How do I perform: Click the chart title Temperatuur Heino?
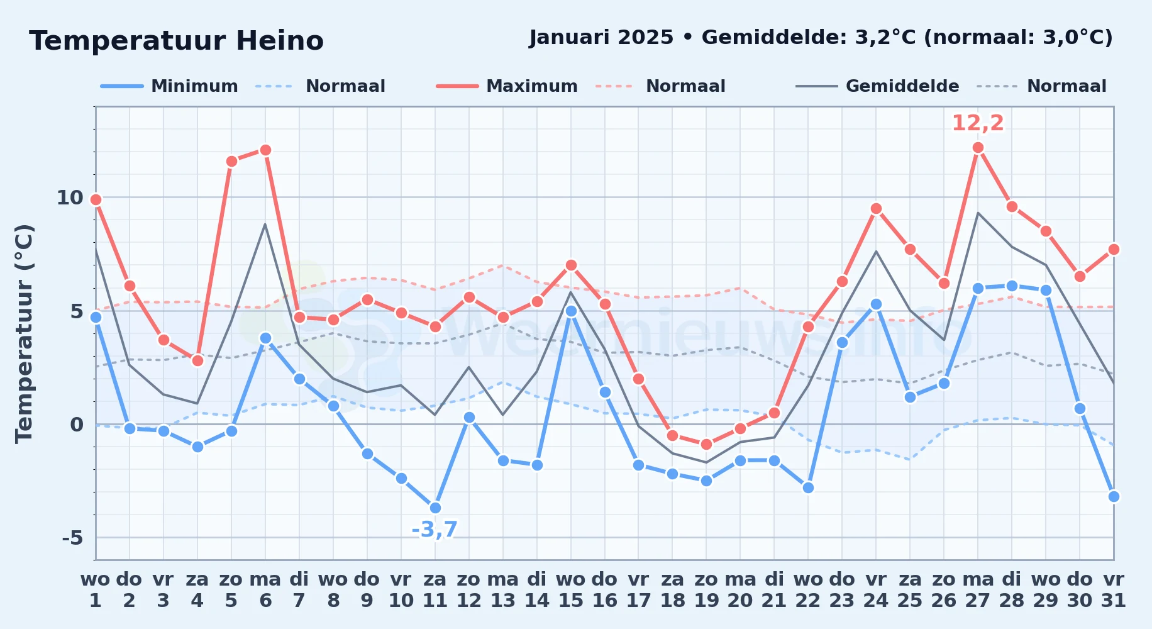[x=176, y=41]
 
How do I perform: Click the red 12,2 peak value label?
[x=978, y=123]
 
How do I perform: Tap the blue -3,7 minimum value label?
[x=435, y=530]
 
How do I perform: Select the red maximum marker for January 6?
[x=265, y=150]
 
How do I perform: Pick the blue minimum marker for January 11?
[x=435, y=508]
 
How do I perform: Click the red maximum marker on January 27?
[x=978, y=148]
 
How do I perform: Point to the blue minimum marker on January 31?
[x=1114, y=496]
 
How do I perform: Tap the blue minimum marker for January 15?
[x=571, y=311]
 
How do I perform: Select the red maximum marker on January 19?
[x=706, y=444]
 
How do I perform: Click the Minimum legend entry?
[x=169, y=86]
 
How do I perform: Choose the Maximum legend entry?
[x=507, y=86]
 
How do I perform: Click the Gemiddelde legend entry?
[x=878, y=86]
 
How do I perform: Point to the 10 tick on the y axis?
[x=70, y=198]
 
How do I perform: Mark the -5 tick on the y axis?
[x=72, y=538]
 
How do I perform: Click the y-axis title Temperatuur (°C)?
[x=24, y=333]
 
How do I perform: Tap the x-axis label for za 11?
[x=435, y=589]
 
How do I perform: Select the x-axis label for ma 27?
[x=978, y=589]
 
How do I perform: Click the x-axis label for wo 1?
[x=96, y=589]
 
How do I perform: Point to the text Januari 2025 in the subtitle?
[x=602, y=38]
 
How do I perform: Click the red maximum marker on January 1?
[x=96, y=199]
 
